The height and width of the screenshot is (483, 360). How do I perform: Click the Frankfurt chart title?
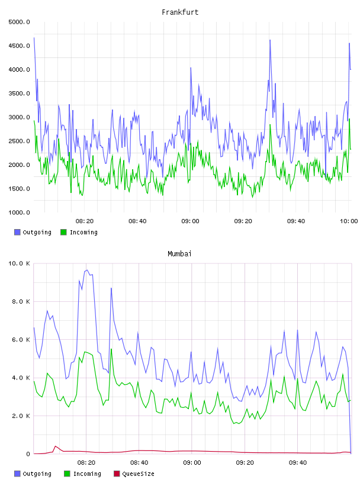pyautogui.click(x=180, y=12)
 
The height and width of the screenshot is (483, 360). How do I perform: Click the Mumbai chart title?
pyautogui.click(x=179, y=254)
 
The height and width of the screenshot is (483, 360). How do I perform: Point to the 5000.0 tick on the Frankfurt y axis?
pyautogui.click(x=19, y=22)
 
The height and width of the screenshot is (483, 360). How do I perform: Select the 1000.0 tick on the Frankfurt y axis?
pyautogui.click(x=19, y=212)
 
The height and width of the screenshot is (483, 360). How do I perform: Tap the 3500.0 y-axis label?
pyautogui.click(x=19, y=94)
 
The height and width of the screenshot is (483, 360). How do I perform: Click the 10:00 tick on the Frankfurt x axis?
pyautogui.click(x=349, y=221)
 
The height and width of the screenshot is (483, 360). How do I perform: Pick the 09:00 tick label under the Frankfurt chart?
pyautogui.click(x=191, y=221)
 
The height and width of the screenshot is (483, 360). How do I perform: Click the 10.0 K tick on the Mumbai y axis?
pyautogui.click(x=19, y=263)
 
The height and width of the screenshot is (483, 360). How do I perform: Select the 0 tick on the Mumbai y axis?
pyautogui.click(x=28, y=454)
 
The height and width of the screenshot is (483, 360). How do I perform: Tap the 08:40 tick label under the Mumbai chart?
pyautogui.click(x=139, y=463)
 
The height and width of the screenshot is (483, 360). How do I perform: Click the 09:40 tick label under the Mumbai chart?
pyautogui.click(x=298, y=463)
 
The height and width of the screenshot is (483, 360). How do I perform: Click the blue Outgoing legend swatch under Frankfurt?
pyautogui.click(x=17, y=232)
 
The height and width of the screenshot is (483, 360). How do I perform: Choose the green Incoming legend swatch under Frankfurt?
pyautogui.click(x=63, y=232)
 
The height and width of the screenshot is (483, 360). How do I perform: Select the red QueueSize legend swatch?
pyautogui.click(x=117, y=474)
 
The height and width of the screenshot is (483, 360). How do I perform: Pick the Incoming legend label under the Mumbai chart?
pyautogui.click(x=87, y=474)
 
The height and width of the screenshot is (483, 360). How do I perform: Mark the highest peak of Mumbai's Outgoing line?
pyautogui.click(x=87, y=270)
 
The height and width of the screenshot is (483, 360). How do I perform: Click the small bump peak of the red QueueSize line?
pyautogui.click(x=56, y=446)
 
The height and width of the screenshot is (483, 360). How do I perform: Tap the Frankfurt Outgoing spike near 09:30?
pyautogui.click(x=270, y=40)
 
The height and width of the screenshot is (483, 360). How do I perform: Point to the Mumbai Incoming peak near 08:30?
pyautogui.click(x=111, y=349)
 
